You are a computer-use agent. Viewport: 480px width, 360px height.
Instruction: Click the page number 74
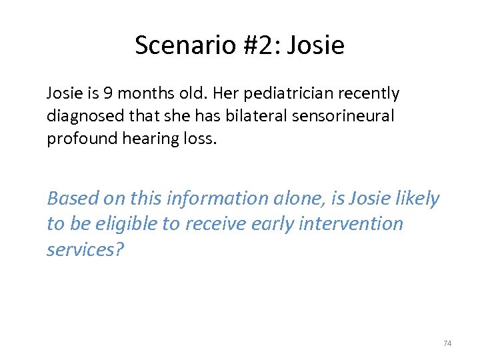447,343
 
